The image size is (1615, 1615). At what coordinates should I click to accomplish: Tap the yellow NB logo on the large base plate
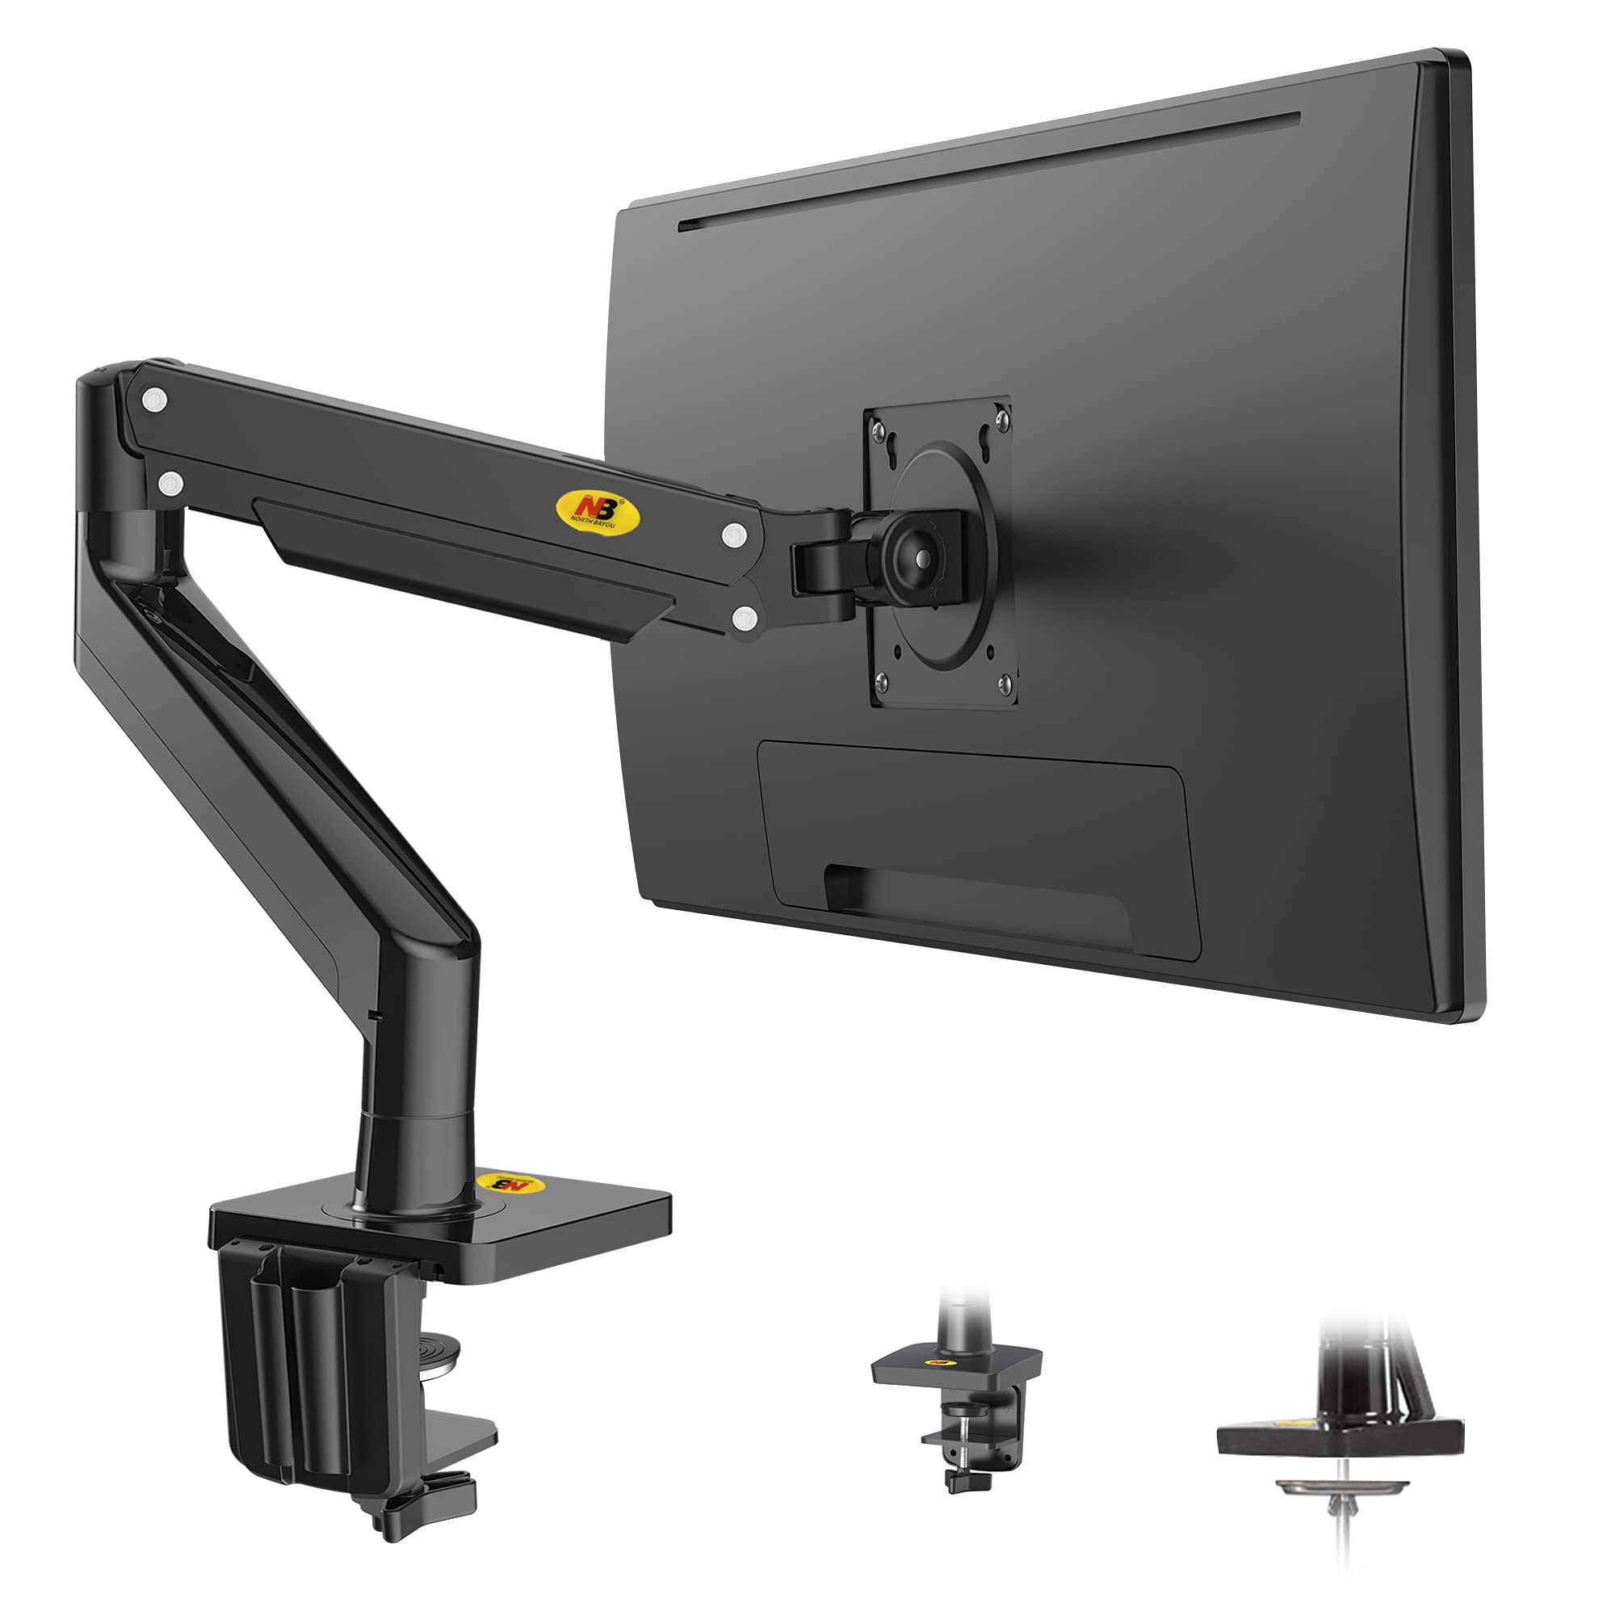point(509,1186)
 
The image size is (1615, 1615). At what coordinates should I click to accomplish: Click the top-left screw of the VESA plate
point(878,431)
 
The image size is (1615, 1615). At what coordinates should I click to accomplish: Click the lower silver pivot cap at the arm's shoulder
point(170,483)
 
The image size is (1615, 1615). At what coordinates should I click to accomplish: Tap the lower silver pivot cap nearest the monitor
point(743,618)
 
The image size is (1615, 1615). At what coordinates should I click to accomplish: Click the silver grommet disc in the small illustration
point(1340,1487)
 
